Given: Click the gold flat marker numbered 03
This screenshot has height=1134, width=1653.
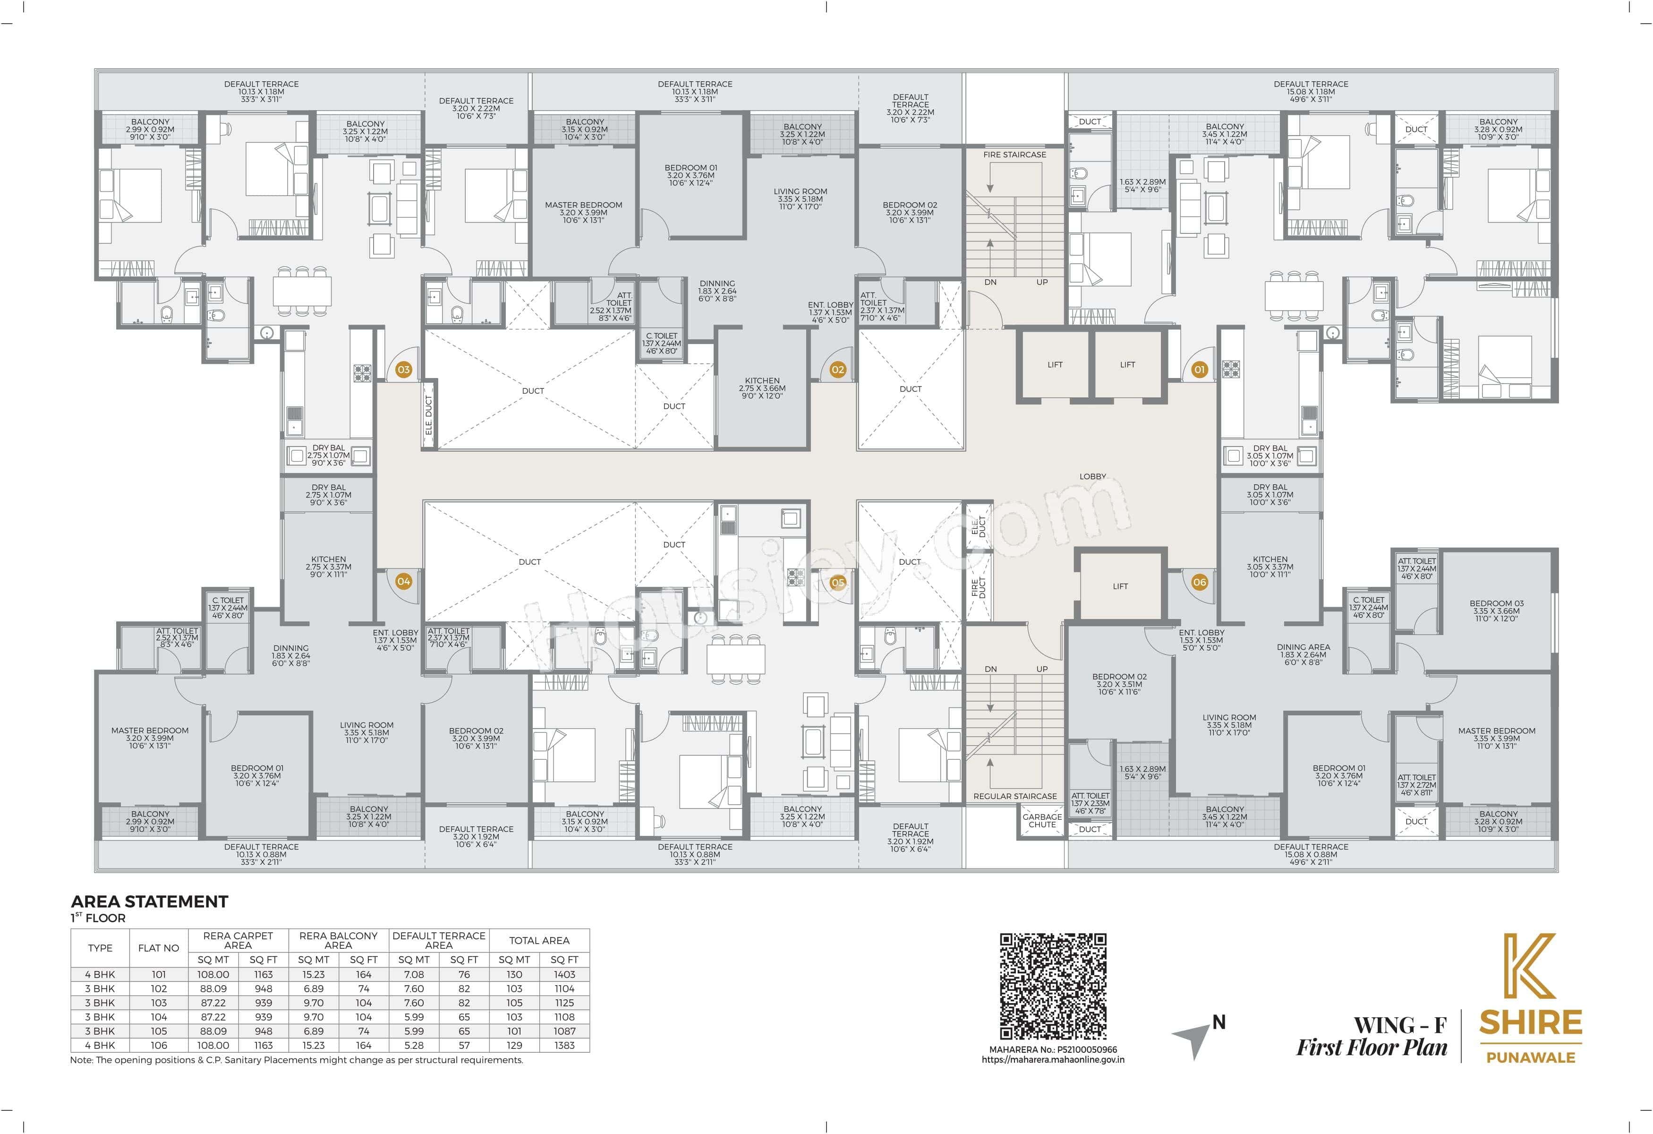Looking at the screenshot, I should [403, 369].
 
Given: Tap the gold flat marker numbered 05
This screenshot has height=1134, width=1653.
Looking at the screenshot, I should [838, 583].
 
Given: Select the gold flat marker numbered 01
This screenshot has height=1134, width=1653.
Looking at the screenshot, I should [1199, 369].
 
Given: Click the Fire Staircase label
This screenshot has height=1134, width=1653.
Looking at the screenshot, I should [1014, 155].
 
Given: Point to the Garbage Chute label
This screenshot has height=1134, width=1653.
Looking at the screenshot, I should [1041, 820].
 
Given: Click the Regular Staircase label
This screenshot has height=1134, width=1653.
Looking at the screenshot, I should [1014, 796].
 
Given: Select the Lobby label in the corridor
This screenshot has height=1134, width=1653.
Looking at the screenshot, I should [1092, 476].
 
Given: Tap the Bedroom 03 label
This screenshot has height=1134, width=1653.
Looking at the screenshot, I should [1497, 603].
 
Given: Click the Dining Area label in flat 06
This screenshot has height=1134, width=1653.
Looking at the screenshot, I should [1303, 647].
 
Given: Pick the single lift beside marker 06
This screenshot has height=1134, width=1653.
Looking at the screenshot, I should [1120, 586].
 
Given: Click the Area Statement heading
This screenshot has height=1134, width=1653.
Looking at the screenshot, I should [149, 902].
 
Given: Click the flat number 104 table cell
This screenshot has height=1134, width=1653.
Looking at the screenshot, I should [159, 1017].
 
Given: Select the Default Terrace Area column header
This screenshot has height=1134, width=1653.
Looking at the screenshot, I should [439, 940].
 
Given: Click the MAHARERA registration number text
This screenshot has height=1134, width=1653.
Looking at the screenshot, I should [1053, 1049].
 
